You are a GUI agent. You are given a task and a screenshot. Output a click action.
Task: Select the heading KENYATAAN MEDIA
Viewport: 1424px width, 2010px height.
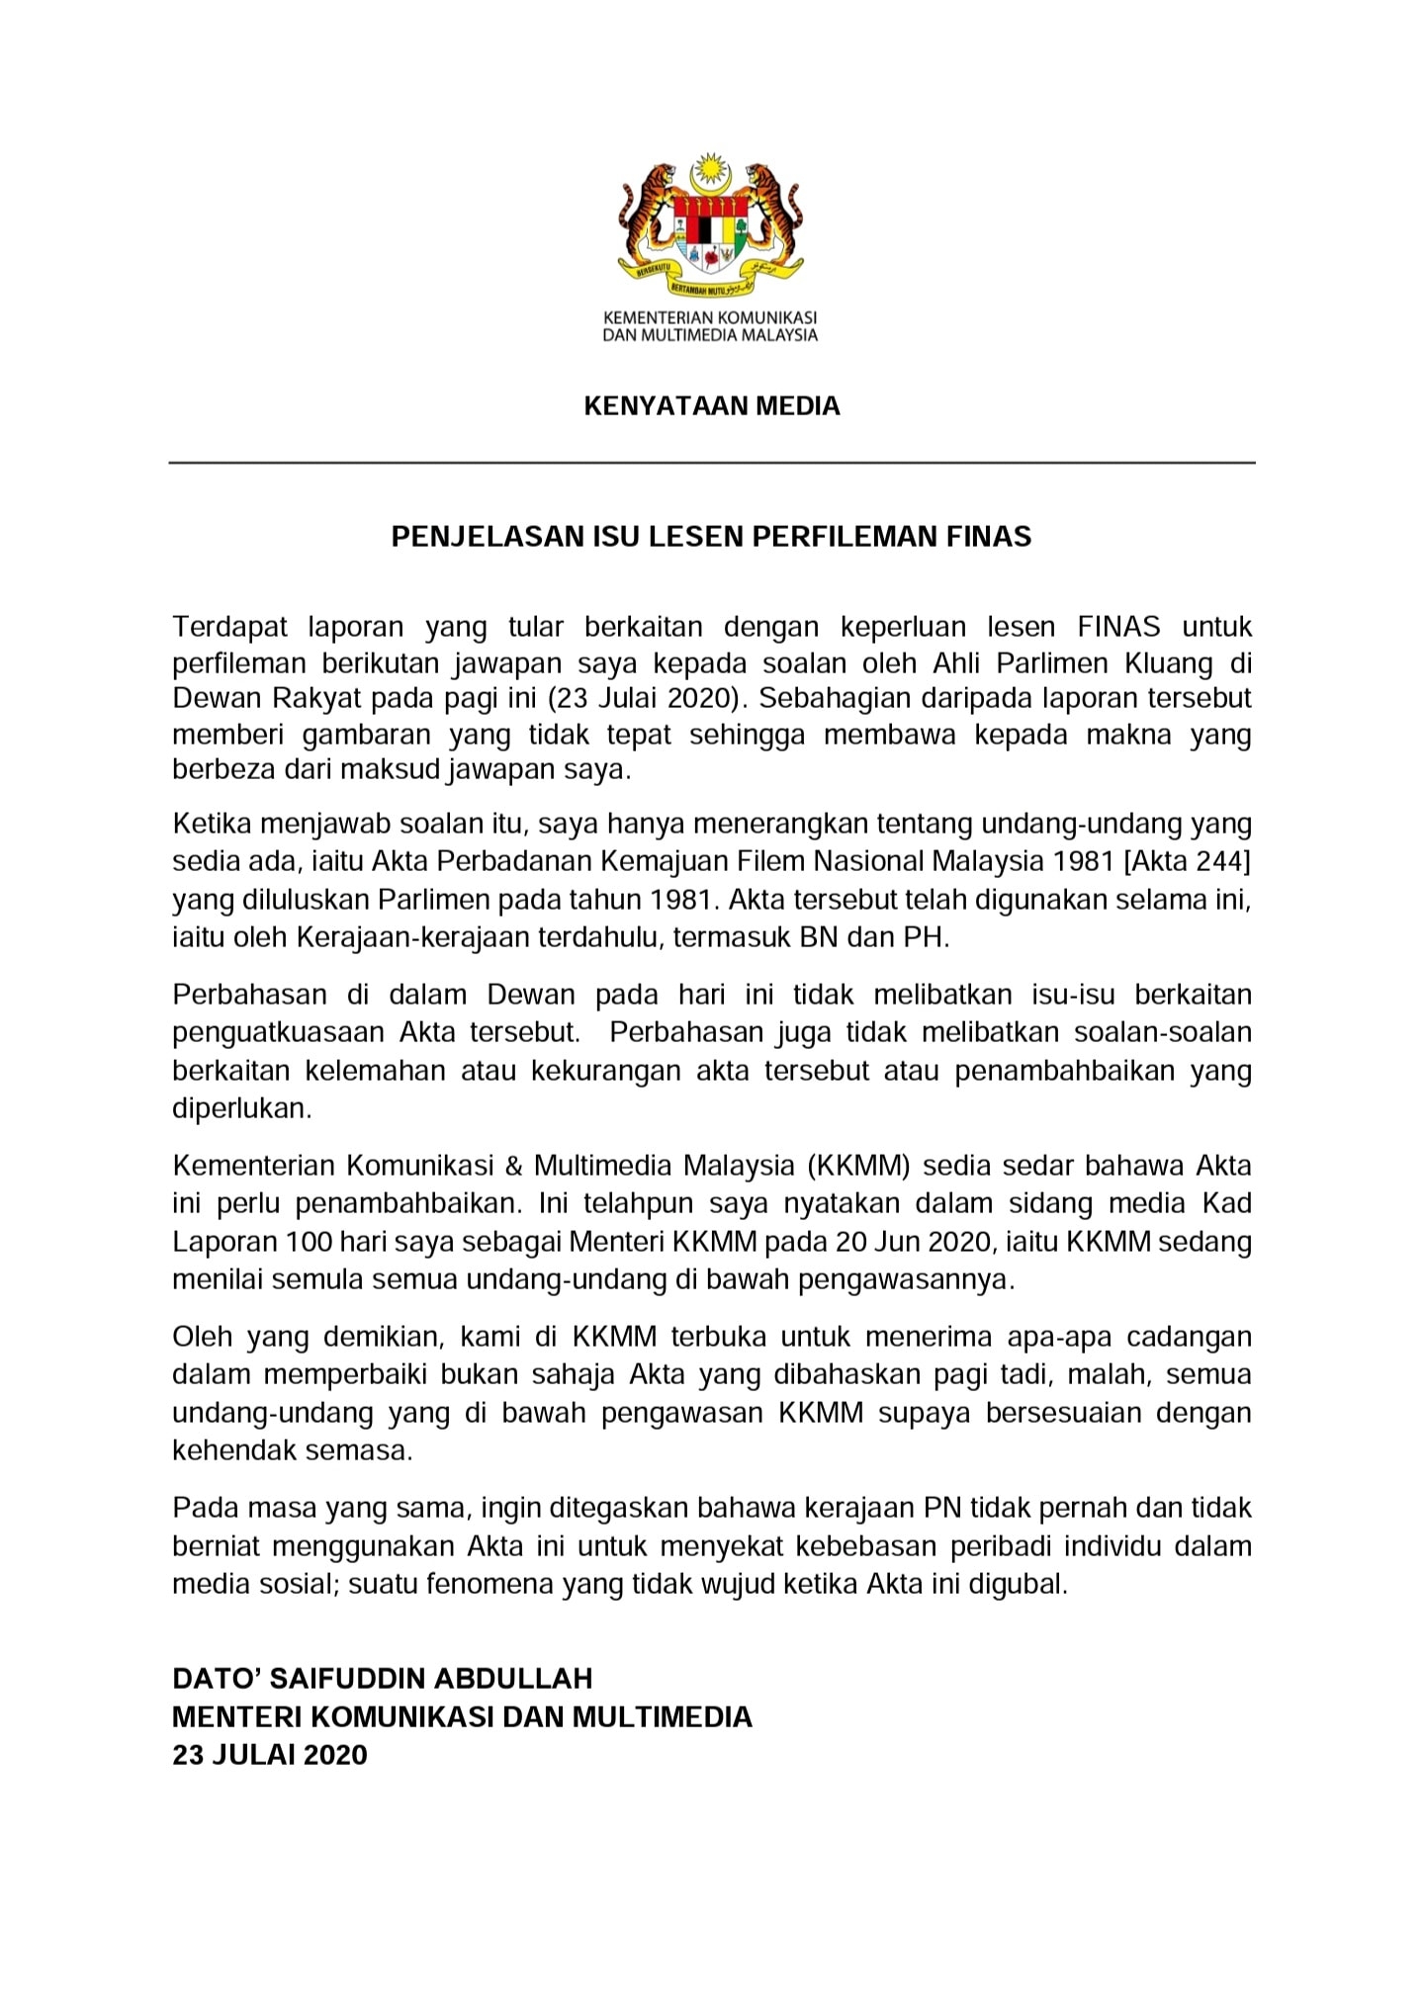coord(711,406)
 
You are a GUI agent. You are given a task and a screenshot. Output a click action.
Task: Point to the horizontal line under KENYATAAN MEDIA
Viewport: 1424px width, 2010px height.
coord(711,463)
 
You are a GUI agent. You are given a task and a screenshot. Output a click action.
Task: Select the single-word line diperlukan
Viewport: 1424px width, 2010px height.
coord(241,1108)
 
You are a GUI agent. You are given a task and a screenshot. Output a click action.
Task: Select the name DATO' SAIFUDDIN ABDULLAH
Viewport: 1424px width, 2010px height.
coord(382,1678)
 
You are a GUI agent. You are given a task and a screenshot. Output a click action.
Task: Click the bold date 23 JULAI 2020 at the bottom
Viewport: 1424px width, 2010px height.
coord(269,1755)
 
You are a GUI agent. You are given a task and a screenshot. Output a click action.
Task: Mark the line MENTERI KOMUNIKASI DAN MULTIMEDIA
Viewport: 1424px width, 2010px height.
coord(462,1716)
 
